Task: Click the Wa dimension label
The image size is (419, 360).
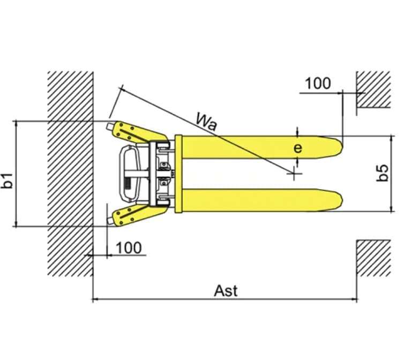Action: pos(206,121)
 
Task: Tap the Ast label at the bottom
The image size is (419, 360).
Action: pos(226,291)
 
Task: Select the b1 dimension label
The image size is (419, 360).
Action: pos(7,181)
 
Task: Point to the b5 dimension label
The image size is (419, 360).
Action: pos(383,173)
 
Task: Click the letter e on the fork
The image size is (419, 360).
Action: pos(298,148)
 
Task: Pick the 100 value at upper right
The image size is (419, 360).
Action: pos(318,84)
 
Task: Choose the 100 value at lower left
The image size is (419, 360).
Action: pos(129,247)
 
